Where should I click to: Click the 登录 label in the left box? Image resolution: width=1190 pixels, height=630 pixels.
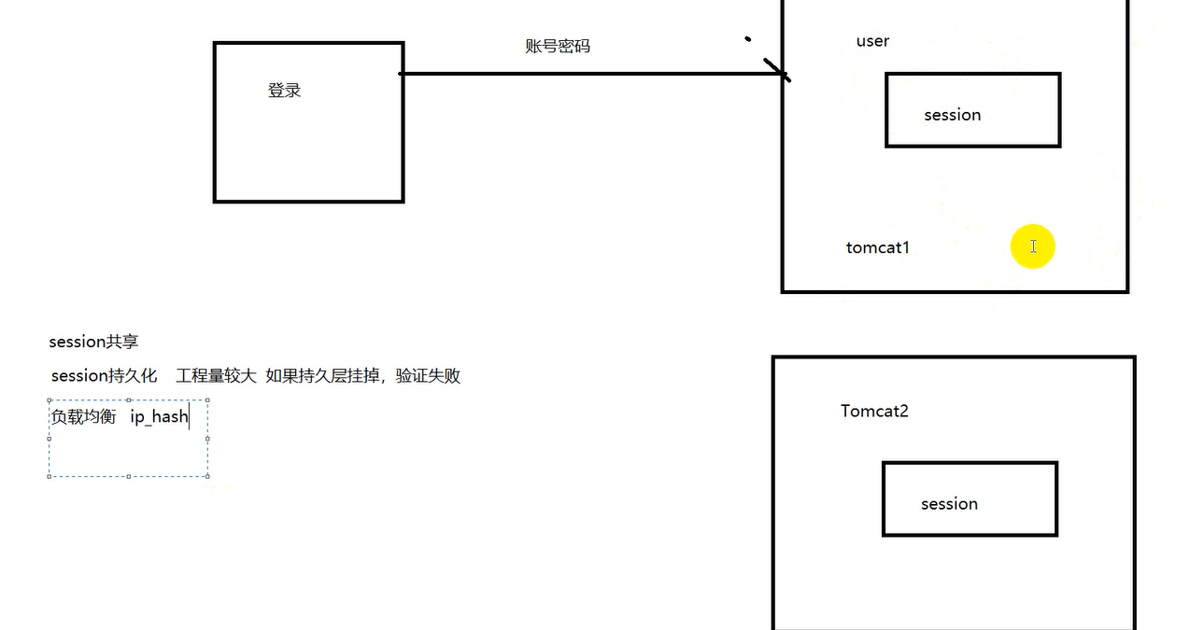coord(284,91)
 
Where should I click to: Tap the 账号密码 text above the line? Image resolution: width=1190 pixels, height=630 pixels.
coord(558,46)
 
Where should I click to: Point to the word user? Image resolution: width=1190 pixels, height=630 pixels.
coord(872,41)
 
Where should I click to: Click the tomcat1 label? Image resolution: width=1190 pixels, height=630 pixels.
coord(878,247)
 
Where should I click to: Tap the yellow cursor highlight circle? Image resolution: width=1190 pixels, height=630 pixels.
coord(1033,246)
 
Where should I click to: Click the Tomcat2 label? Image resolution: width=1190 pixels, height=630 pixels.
coord(874,411)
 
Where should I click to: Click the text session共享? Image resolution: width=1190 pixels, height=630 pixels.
coord(93,342)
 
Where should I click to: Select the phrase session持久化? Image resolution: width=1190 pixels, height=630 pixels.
coord(104,376)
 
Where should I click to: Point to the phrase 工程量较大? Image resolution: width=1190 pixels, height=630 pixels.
coord(216,376)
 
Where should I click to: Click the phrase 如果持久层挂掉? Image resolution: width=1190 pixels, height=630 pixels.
coord(322,376)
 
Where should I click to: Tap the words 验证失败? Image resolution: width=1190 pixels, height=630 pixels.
coord(428,376)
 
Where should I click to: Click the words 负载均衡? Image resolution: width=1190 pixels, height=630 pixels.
coord(83,416)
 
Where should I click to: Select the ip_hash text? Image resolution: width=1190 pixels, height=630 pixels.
coord(160,416)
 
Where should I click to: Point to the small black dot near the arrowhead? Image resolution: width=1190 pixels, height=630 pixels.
coord(747,39)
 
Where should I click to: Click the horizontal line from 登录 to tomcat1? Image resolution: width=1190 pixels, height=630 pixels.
coord(590,74)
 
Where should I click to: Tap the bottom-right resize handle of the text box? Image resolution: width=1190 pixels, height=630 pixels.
coord(207,476)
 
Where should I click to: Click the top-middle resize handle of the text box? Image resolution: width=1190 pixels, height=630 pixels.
coord(129,400)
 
